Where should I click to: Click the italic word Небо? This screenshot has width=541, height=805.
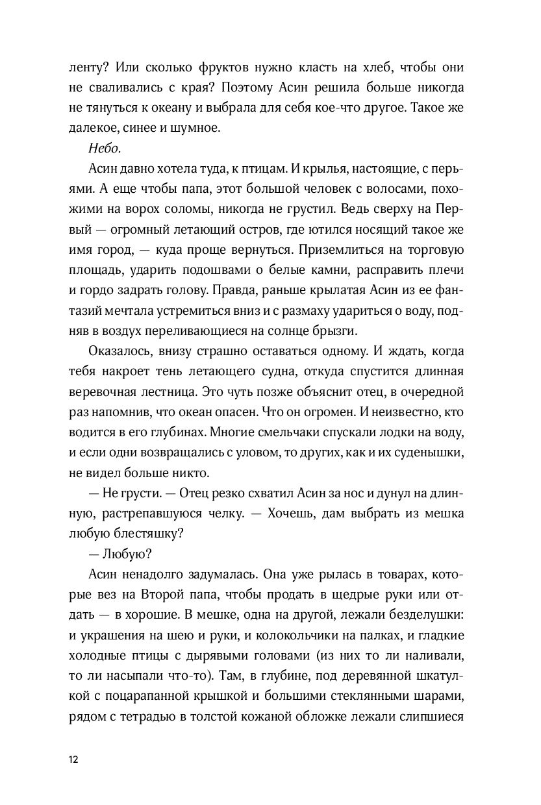coord(98,149)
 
